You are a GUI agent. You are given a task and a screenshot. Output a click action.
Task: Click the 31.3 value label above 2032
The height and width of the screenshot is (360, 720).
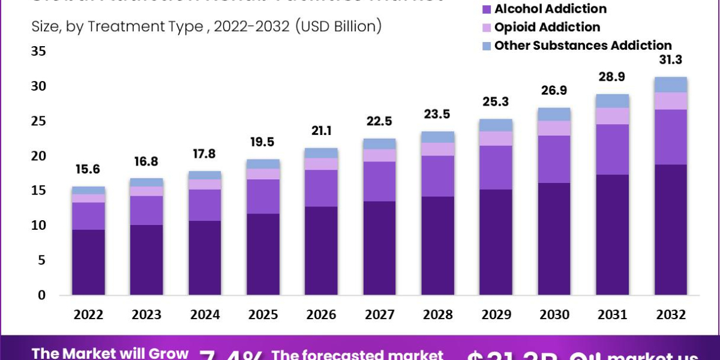pos(671,60)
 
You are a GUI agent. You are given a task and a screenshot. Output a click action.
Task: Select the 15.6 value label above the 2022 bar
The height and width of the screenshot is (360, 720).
pos(89,170)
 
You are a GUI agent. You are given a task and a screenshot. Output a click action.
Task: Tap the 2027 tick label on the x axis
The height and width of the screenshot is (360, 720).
pos(380,315)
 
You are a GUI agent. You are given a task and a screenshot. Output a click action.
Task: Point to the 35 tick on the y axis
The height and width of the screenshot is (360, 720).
pos(39,52)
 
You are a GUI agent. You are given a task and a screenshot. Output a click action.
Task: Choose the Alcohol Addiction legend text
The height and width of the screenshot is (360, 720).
pos(550,9)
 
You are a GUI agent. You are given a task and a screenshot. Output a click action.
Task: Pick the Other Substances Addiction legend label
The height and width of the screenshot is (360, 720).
pos(583,46)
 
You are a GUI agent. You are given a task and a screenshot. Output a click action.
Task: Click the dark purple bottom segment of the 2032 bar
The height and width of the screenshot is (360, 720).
pos(671,229)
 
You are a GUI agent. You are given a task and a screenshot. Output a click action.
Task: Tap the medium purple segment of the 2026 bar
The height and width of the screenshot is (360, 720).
pos(322,188)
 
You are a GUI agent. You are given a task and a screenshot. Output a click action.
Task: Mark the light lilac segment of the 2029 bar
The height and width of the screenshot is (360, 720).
pos(496,139)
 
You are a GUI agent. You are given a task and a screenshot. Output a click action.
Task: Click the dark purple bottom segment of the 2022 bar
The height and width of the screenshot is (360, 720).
pos(89,262)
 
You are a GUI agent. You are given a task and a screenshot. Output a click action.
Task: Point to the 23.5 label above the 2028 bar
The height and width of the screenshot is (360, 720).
pos(438,115)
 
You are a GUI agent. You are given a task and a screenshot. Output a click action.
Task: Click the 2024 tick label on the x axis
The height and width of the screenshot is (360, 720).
pos(205,315)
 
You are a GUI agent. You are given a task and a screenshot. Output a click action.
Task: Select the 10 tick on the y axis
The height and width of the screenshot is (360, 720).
pos(39,226)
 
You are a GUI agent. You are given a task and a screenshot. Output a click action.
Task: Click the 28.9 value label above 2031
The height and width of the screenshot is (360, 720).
pos(613,77)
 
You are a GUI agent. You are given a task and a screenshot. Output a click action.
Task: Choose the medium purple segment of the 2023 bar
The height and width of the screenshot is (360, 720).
pos(147,210)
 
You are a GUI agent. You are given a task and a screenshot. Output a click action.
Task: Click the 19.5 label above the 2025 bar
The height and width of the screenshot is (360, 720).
pos(263,142)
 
